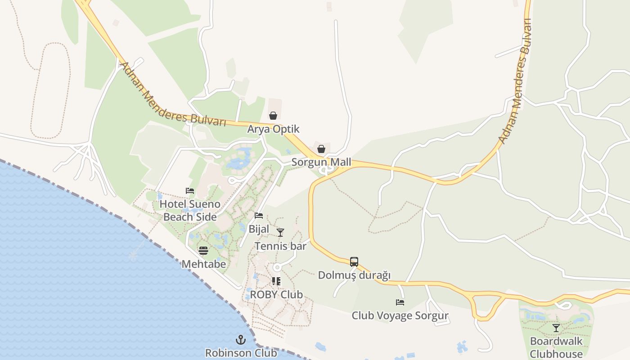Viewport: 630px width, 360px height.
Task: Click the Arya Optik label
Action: click(273, 129)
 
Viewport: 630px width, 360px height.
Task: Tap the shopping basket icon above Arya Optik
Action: click(273, 116)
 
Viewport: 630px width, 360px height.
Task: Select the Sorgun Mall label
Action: click(321, 162)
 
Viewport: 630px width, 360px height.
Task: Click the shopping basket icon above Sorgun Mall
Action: click(321, 149)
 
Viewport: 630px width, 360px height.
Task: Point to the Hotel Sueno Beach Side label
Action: click(190, 210)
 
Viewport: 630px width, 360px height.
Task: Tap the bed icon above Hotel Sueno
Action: click(190, 191)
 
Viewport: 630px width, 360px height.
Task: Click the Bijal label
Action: click(259, 229)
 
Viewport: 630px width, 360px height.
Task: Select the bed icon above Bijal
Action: click(259, 216)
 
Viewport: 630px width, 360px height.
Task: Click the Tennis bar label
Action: click(280, 246)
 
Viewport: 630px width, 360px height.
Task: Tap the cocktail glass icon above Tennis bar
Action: click(280, 233)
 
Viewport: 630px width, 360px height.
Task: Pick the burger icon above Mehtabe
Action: click(203, 250)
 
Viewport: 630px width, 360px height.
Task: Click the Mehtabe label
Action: click(203, 264)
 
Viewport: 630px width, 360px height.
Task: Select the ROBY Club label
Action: click(276, 295)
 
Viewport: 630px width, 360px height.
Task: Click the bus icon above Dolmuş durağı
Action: click(354, 261)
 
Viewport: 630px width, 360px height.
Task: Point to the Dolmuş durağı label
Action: click(354, 275)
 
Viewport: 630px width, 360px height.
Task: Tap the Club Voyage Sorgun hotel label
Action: click(400, 315)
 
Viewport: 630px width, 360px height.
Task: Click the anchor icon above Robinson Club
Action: click(241, 339)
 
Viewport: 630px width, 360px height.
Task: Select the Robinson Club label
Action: click(241, 353)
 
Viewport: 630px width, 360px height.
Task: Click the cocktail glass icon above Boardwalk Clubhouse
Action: click(556, 328)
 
